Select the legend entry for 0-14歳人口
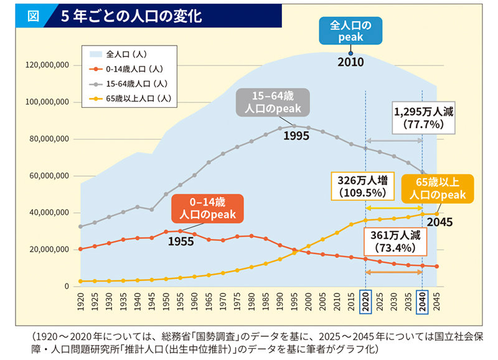pos(134,69)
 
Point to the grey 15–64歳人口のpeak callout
pos(272,102)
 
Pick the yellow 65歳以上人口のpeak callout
pos(437,188)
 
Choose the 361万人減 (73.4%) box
pos(395,241)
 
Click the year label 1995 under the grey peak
pos(296,135)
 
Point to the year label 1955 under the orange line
pos(181,240)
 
